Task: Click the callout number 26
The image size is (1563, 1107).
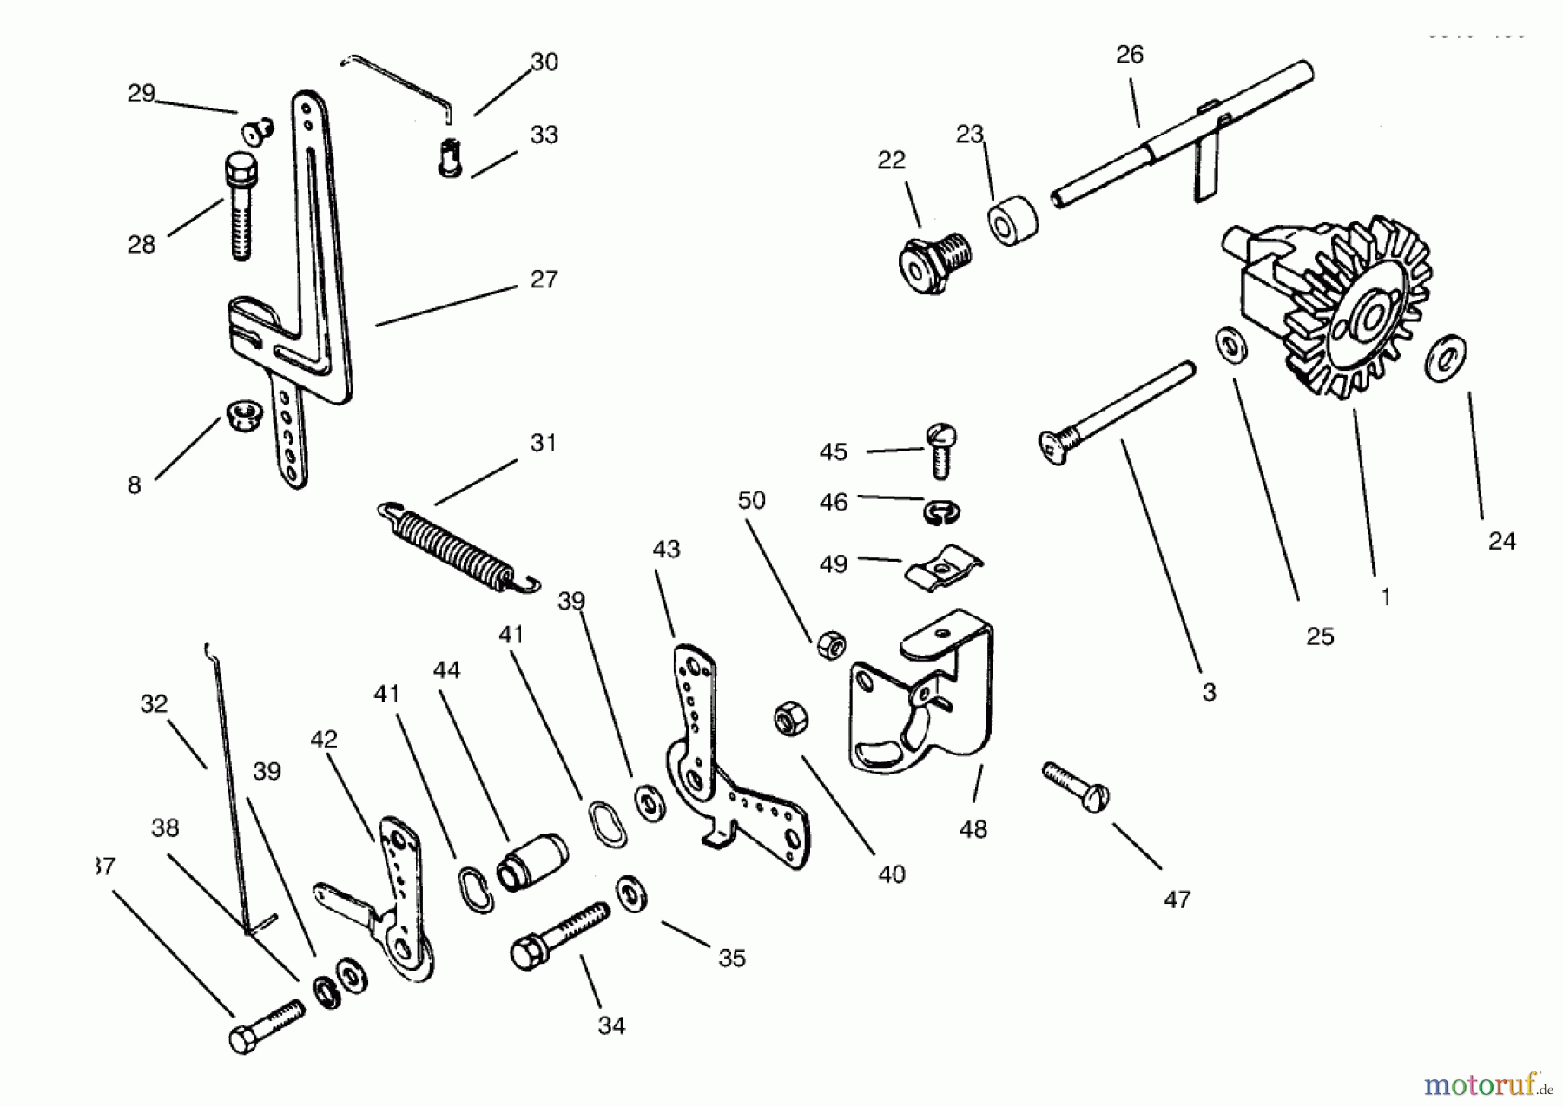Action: (x=1129, y=55)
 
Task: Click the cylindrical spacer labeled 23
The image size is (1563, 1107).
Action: (x=1012, y=221)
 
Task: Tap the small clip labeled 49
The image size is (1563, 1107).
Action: (x=943, y=567)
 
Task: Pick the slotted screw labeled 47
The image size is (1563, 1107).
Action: (x=1077, y=786)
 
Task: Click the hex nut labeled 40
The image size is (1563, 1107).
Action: (x=791, y=719)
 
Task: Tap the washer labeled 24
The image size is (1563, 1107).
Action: (x=1446, y=357)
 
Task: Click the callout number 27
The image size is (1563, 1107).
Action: (x=544, y=280)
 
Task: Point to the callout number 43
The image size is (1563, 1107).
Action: (x=666, y=550)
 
